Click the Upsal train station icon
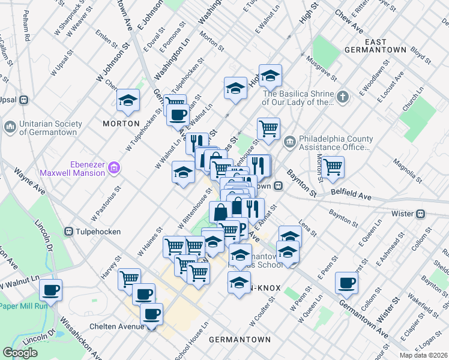24,100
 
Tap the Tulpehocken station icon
69,231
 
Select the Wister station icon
421,213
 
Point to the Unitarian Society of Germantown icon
10,127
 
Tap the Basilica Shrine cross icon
342,97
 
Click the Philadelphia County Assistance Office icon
290,142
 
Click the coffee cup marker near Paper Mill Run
50,291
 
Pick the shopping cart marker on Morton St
332,167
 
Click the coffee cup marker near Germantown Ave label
346,283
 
